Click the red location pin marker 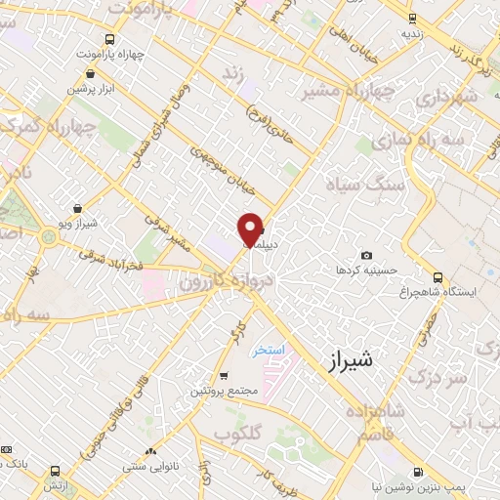click(x=250, y=229)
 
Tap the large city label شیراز click(x=346, y=360)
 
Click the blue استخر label click(x=267, y=349)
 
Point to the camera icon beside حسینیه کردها click(x=366, y=255)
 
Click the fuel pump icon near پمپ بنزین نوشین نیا click(x=419, y=472)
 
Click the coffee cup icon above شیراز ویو click(x=77, y=208)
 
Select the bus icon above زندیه click(x=412, y=18)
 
